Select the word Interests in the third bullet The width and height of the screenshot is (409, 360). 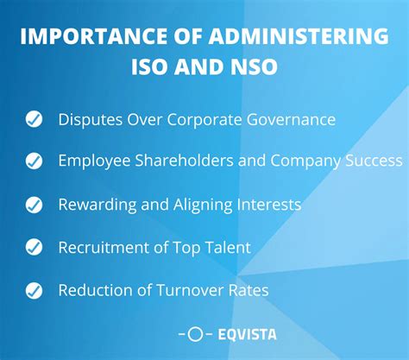tap(267, 205)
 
